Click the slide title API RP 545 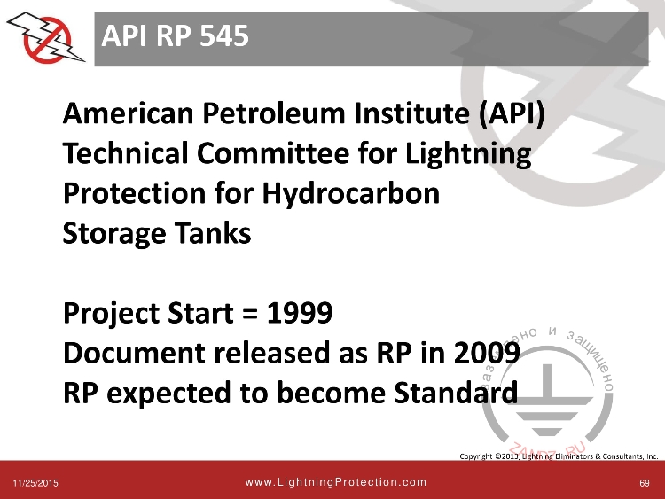click(x=174, y=36)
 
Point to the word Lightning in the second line click(x=468, y=156)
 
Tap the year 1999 click(x=300, y=313)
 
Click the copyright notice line click(x=559, y=456)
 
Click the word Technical click(x=124, y=156)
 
